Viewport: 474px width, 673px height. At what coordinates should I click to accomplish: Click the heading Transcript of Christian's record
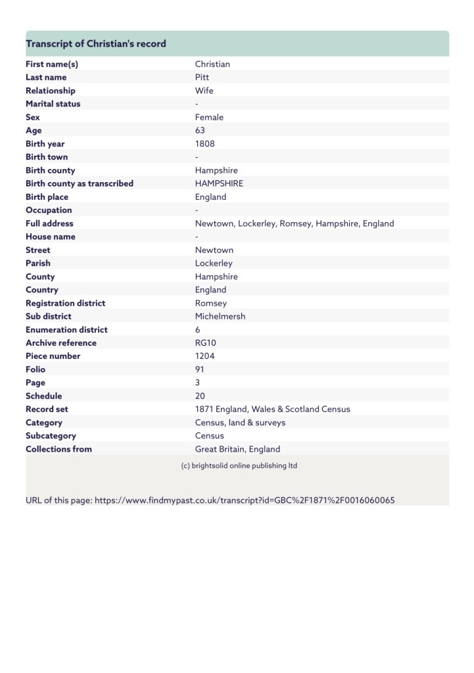pyautogui.click(x=96, y=44)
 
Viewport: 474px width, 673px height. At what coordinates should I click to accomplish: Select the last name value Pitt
pyautogui.click(x=202, y=78)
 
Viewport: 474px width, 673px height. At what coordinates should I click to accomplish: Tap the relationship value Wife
pyautogui.click(x=204, y=91)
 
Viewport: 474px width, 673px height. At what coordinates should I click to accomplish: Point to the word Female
pyautogui.click(x=209, y=117)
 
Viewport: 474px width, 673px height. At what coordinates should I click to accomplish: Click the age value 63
pyautogui.click(x=200, y=130)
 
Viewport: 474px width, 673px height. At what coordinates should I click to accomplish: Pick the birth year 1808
pyautogui.click(x=204, y=144)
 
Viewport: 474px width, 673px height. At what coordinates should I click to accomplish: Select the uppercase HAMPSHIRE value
pyautogui.click(x=219, y=183)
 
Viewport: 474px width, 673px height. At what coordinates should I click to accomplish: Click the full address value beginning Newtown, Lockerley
pyautogui.click(x=295, y=223)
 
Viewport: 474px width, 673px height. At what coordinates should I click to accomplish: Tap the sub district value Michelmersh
pyautogui.click(x=220, y=316)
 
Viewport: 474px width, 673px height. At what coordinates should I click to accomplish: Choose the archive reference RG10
pyautogui.click(x=206, y=343)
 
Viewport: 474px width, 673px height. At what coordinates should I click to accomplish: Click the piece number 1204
pyautogui.click(x=205, y=356)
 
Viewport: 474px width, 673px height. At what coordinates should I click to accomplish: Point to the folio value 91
pyautogui.click(x=200, y=369)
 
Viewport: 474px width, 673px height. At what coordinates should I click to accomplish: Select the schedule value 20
pyautogui.click(x=201, y=396)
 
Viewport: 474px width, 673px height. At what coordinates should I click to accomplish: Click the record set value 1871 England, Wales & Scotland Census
pyautogui.click(x=272, y=409)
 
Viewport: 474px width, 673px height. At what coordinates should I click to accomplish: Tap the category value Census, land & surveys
pyautogui.click(x=240, y=423)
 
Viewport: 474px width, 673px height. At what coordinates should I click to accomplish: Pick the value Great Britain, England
pyautogui.click(x=237, y=450)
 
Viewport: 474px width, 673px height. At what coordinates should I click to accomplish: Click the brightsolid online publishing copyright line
pyautogui.click(x=239, y=466)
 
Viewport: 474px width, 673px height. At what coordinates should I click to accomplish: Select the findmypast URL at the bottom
pyautogui.click(x=245, y=500)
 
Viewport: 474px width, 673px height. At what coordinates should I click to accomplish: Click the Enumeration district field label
pyautogui.click(x=66, y=330)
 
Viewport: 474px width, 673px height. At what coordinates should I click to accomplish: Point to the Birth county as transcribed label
pyautogui.click(x=80, y=183)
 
